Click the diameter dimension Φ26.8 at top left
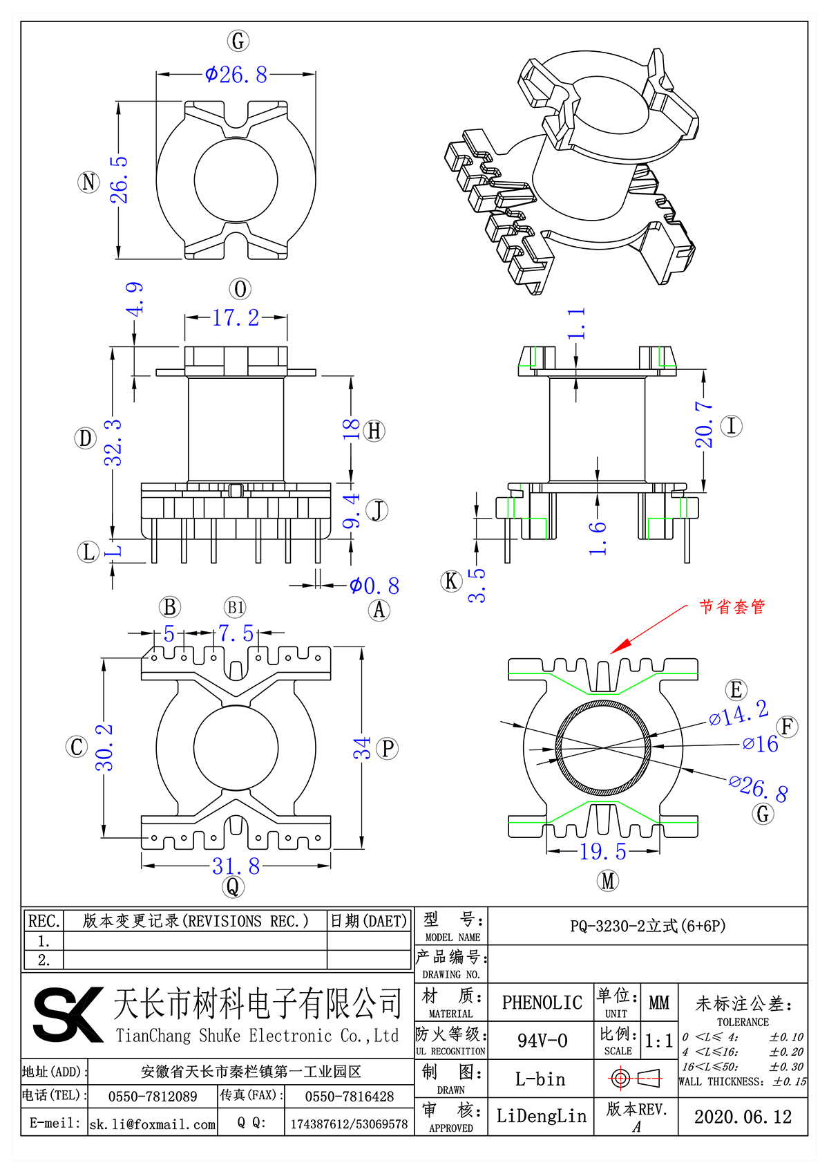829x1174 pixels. [236, 75]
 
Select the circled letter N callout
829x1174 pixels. [88, 182]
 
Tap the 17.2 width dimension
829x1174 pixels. [236, 318]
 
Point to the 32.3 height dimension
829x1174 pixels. [113, 442]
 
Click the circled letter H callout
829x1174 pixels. [374, 431]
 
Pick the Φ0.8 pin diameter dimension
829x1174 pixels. [374, 586]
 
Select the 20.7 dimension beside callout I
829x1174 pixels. [704, 425]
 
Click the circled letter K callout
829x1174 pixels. [451, 581]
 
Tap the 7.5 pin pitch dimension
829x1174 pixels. [236, 633]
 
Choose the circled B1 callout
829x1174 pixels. [235, 608]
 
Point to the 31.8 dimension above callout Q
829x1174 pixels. [236, 866]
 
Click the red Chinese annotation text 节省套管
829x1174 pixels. [732, 607]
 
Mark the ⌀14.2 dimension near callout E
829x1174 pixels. [739, 714]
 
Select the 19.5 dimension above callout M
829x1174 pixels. [602, 852]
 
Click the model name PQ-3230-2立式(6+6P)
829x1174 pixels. [647, 926]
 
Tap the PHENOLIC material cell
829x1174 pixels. [542, 1003]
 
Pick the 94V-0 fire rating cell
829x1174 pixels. [542, 1041]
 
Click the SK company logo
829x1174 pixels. [68, 1014]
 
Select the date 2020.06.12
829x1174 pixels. [743, 1117]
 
